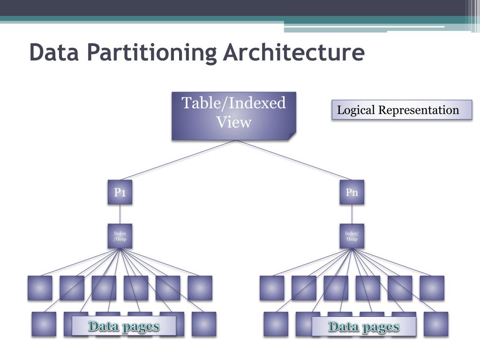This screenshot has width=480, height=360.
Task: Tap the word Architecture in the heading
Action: [x=293, y=52]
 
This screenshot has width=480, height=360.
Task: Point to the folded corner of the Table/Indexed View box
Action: [x=292, y=136]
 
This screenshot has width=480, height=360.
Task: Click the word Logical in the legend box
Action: [x=356, y=110]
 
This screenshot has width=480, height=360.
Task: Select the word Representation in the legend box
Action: [x=419, y=110]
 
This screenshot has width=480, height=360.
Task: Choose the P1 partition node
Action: [x=120, y=192]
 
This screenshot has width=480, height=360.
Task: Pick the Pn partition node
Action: [x=352, y=192]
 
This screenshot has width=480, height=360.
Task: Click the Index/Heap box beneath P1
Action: [x=120, y=236]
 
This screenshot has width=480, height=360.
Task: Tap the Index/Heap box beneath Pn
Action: [x=352, y=236]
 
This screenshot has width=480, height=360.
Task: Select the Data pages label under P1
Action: [x=124, y=326]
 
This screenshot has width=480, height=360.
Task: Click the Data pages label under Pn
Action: [x=364, y=326]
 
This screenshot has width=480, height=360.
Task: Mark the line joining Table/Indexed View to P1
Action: [x=178, y=160]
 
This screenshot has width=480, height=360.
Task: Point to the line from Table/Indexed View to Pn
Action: [x=293, y=160]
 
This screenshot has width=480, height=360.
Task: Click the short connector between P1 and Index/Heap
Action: [x=120, y=214]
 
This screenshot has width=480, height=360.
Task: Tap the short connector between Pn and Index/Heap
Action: [x=352, y=214]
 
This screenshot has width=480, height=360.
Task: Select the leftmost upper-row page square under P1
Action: [x=40, y=288]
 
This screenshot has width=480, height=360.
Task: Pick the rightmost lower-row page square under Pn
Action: [x=436, y=324]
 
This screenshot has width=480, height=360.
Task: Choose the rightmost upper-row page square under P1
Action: [x=200, y=288]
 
